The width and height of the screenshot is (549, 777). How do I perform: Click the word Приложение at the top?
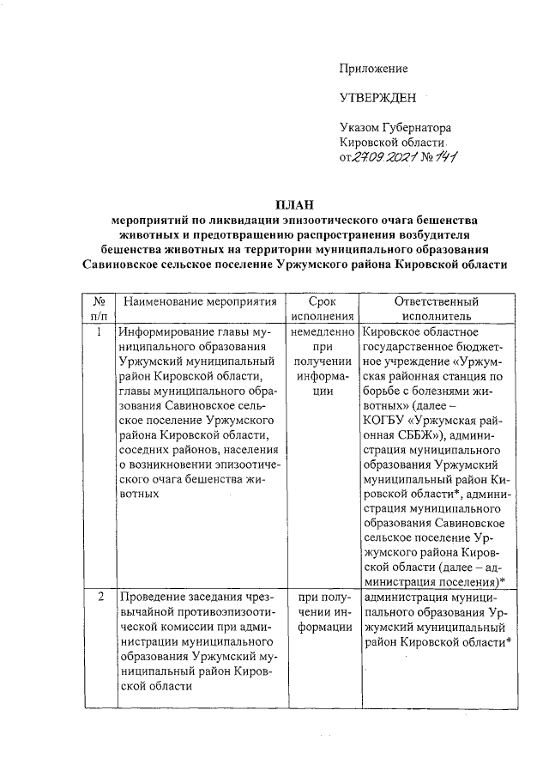click(x=373, y=68)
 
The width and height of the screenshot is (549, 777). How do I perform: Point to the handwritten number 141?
click(x=444, y=157)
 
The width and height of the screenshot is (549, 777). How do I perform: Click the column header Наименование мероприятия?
click(x=200, y=302)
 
